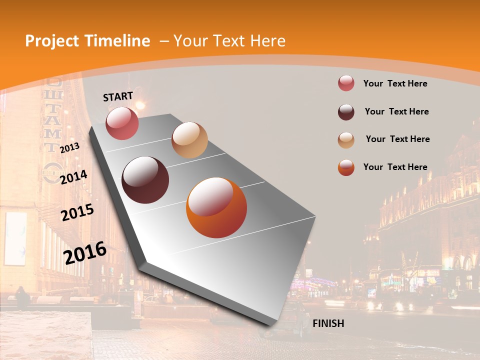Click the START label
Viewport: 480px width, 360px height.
click(118, 96)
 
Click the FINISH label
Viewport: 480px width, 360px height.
click(328, 323)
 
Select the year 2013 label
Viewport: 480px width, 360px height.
click(69, 148)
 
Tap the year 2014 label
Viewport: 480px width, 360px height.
click(74, 176)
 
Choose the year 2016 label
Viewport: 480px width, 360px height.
click(85, 252)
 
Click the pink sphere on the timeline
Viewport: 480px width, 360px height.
click(122, 123)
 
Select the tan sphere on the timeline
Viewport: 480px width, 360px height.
click(189, 140)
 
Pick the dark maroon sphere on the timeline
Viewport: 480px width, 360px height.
click(145, 180)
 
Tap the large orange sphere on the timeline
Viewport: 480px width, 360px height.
click(216, 207)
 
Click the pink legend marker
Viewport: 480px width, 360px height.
click(346, 83)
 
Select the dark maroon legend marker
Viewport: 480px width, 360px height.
click(346, 112)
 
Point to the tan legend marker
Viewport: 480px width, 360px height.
click(346, 140)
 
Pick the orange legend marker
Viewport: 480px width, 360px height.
click(346, 167)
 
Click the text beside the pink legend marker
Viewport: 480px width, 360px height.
click(395, 83)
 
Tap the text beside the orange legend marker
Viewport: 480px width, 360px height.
click(395, 167)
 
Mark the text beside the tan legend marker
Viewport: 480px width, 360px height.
click(397, 139)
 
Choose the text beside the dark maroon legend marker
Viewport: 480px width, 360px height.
click(396, 111)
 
